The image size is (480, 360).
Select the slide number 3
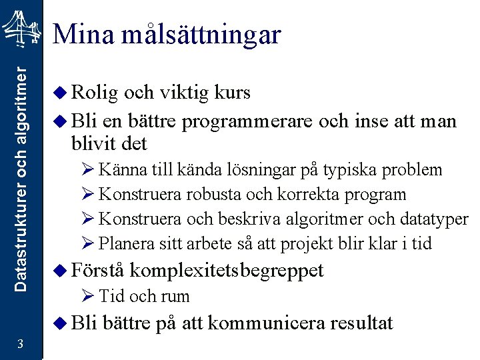(21, 344)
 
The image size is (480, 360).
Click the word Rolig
(93, 93)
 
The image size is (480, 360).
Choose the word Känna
(119, 170)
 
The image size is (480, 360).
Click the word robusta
(207, 195)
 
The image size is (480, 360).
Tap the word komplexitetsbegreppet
(227, 271)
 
